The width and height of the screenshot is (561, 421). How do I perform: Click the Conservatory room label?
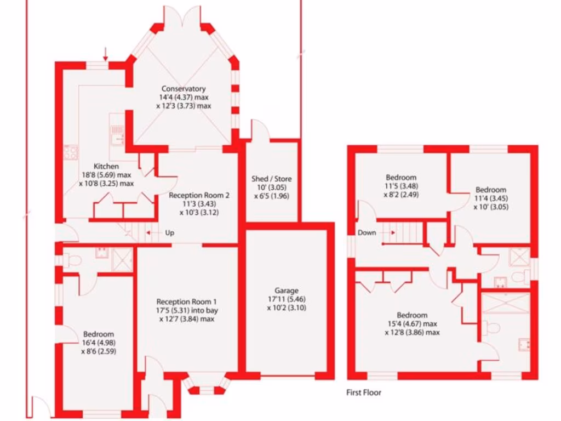[183, 89]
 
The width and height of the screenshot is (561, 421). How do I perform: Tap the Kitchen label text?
[107, 167]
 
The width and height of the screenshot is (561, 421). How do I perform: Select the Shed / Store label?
[271, 179]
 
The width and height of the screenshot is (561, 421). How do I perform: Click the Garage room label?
[287, 291]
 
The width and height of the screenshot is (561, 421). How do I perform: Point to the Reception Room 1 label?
[186, 301]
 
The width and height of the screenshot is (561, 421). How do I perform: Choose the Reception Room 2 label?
[199, 195]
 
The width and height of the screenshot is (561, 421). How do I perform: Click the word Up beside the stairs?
[170, 233]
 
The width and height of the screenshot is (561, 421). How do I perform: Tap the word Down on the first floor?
[367, 232]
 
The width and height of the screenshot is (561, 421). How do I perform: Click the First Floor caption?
[364, 392]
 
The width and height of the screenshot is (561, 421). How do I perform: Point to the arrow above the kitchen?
[105, 54]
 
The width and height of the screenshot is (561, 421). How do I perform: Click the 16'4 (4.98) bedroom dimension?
[99, 343]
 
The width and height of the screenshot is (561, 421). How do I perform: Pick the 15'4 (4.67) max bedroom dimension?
[412, 324]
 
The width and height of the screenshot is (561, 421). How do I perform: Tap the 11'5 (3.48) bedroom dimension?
[400, 186]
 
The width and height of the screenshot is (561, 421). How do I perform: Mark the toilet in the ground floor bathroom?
[75, 259]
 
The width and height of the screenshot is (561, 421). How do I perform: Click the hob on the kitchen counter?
[71, 152]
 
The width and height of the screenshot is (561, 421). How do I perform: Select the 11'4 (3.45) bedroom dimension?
[490, 198]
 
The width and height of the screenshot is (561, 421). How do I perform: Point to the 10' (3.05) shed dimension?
[271, 187]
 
